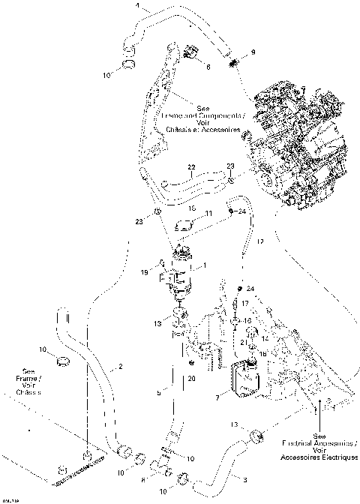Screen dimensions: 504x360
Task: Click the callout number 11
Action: tap(209, 214)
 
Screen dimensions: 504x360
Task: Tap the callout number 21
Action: tap(242, 342)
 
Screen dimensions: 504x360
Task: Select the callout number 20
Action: tap(192, 379)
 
